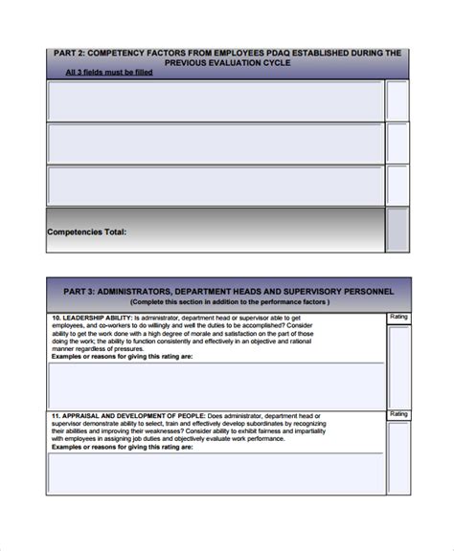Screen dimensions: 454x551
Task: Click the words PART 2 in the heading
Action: pyautogui.click(x=69, y=53)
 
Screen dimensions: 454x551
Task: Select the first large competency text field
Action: pyautogui.click(x=215, y=100)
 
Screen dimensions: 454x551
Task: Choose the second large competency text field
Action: pyautogui.click(x=215, y=143)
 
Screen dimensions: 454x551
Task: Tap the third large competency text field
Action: pyautogui.click(x=215, y=186)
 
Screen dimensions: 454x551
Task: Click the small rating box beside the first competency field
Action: pyautogui.click(x=397, y=100)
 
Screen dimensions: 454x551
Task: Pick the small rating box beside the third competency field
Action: pyautogui.click(x=397, y=186)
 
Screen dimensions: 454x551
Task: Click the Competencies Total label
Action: pyautogui.click(x=86, y=231)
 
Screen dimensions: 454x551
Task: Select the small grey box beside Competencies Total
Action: pyautogui.click(x=397, y=231)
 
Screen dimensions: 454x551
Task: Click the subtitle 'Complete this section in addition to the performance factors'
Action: pyautogui.click(x=229, y=302)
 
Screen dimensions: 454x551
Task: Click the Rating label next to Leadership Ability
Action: pyautogui.click(x=398, y=317)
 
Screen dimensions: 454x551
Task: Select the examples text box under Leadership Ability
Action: pyautogui.click(x=215, y=386)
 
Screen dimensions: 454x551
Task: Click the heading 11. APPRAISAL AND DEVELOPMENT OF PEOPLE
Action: pyautogui.click(x=127, y=416)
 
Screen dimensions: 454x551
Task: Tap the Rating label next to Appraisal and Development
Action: pyautogui.click(x=398, y=414)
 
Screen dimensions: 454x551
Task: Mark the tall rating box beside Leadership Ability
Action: pyautogui.click(x=398, y=365)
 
